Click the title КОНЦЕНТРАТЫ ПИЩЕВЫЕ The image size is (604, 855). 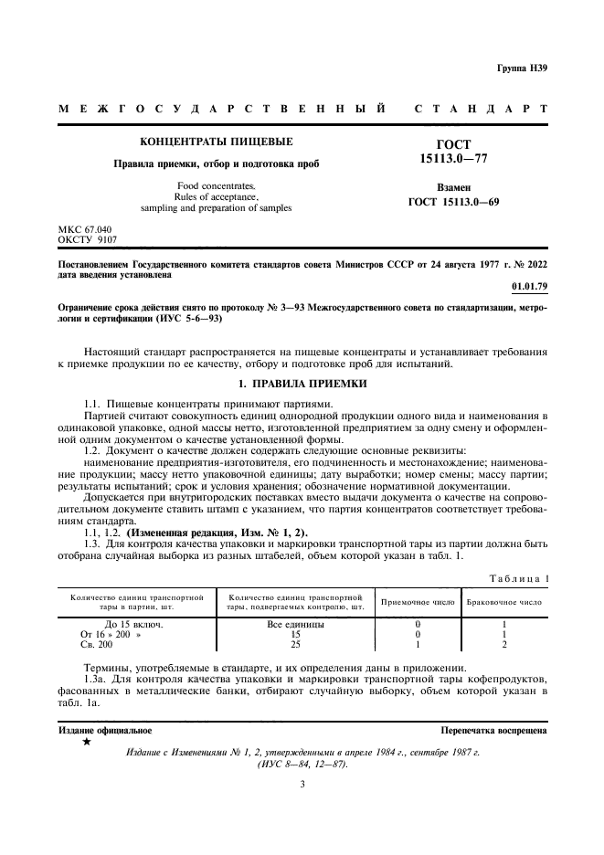216,142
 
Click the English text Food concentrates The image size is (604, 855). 216,185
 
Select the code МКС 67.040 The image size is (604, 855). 87,228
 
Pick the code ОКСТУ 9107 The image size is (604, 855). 88,239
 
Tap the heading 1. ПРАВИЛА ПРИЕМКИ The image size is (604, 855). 302,385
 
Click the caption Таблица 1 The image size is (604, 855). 518,577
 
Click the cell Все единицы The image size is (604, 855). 295,624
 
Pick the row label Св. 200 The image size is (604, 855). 97,644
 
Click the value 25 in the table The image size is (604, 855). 295,644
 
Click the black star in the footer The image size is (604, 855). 87,743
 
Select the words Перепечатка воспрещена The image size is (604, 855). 493,731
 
